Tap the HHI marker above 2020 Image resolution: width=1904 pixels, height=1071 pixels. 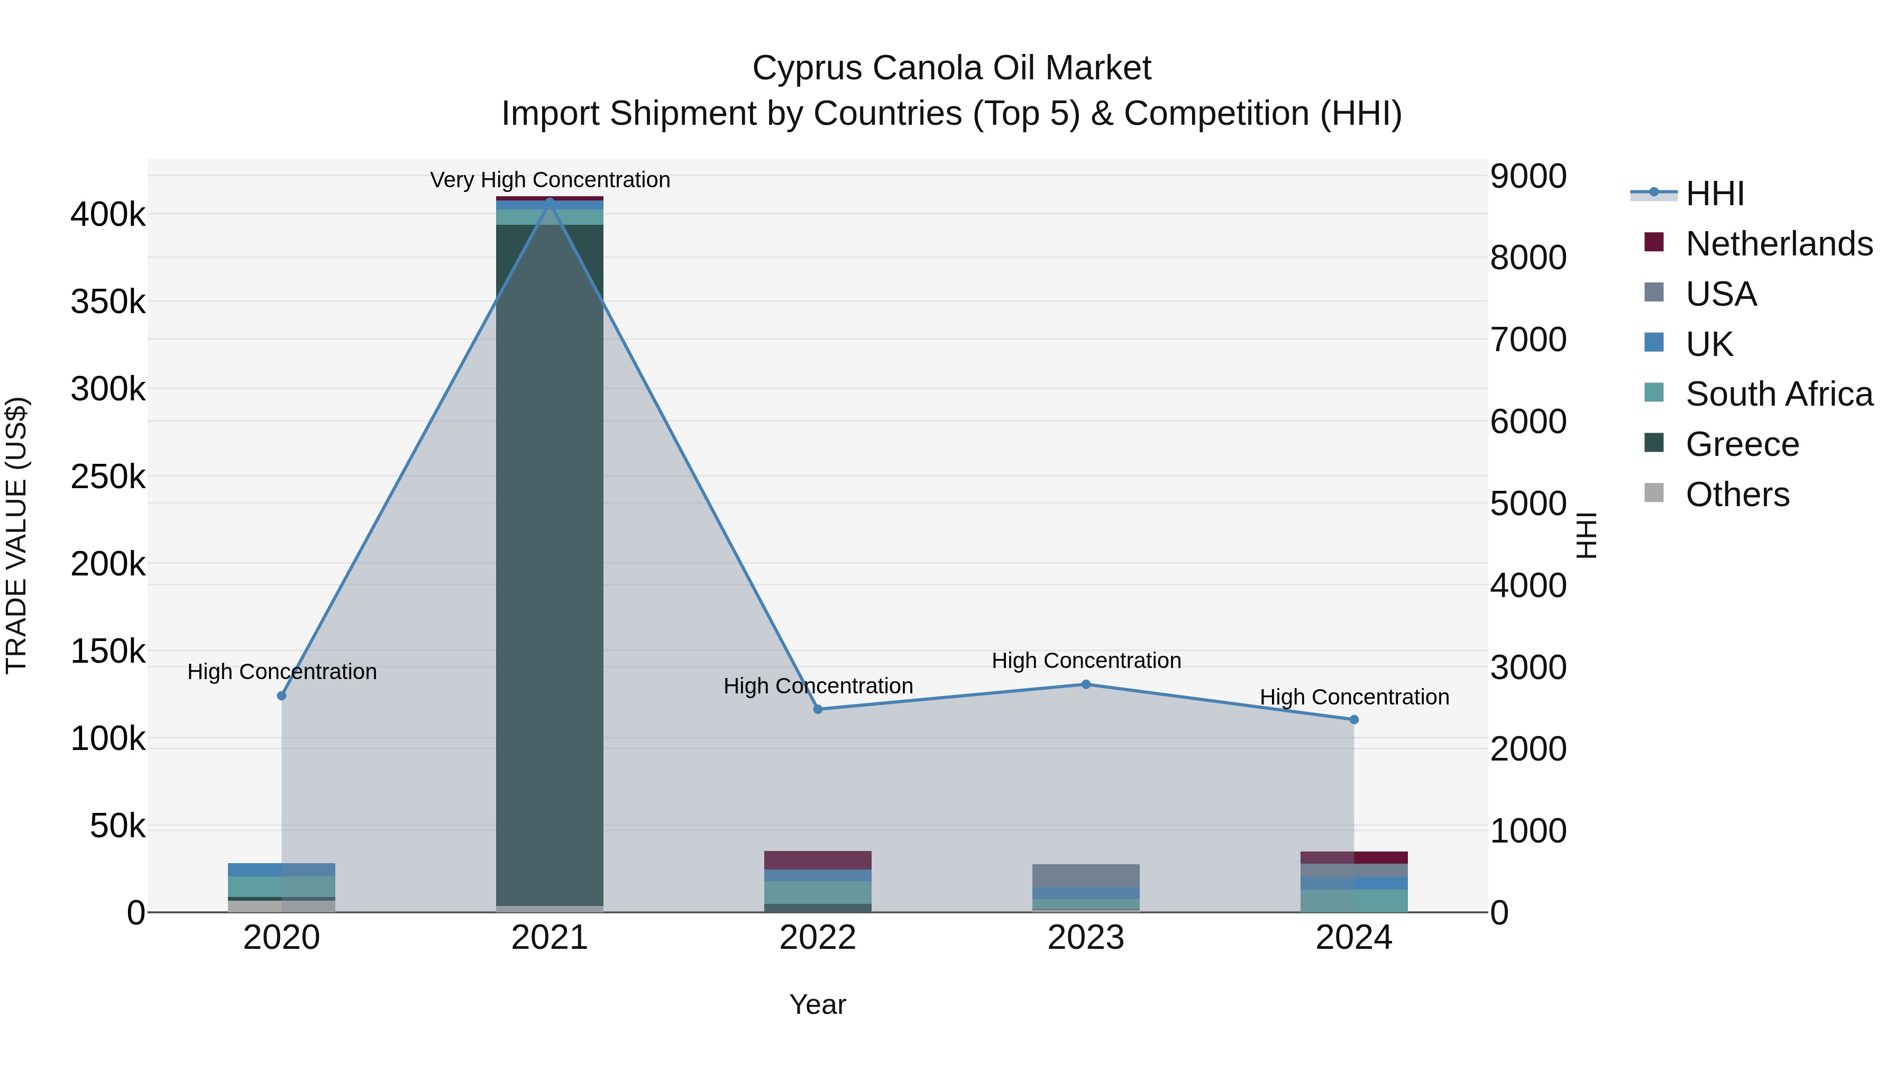(281, 695)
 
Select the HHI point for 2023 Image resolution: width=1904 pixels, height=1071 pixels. (1086, 684)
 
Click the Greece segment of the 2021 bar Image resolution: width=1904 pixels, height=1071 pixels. (549, 562)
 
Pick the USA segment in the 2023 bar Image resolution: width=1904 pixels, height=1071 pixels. (1086, 876)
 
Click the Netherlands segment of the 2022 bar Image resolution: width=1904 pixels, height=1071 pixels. (818, 861)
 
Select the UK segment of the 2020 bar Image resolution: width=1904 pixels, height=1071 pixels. (281, 870)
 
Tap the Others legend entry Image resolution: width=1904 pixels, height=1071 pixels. (1737, 495)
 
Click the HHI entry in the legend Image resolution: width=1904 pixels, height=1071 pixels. (1715, 194)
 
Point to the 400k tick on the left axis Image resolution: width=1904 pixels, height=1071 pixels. (108, 215)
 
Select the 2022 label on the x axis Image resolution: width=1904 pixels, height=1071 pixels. (818, 938)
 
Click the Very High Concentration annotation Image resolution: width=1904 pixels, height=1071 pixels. (550, 180)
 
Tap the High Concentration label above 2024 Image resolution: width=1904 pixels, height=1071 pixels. (1354, 697)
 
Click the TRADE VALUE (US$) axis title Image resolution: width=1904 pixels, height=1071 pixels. (16, 535)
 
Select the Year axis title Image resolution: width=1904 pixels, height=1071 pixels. (818, 1004)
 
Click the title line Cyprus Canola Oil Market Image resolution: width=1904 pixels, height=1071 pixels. (951, 68)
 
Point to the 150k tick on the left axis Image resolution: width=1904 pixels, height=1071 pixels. (108, 652)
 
